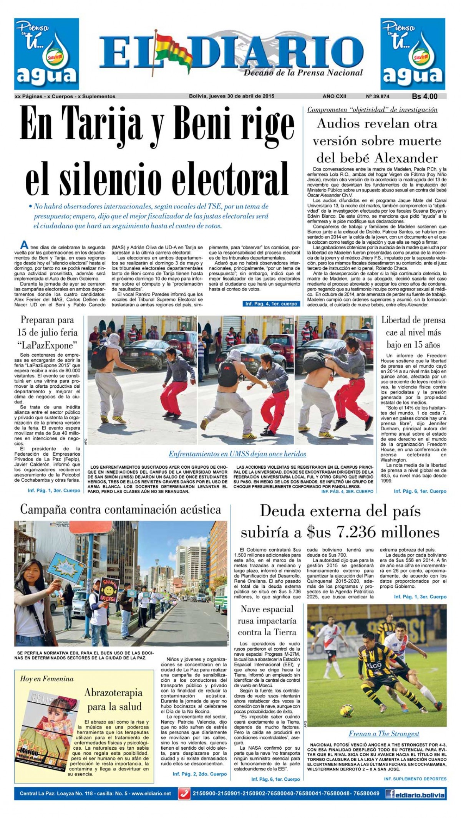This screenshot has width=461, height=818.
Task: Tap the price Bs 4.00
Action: click(x=425, y=96)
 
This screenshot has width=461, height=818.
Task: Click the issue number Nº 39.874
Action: click(x=379, y=96)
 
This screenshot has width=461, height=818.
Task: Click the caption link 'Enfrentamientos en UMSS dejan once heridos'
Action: click(x=237, y=454)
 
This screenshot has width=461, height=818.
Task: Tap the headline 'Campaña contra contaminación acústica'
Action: click(x=120, y=509)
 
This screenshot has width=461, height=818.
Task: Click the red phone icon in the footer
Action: click(x=184, y=793)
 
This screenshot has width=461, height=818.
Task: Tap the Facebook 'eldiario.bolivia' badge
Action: click(x=415, y=793)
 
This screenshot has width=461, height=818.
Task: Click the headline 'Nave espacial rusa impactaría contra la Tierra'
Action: click(x=267, y=620)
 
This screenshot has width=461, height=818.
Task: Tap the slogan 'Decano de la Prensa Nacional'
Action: click(x=303, y=72)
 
